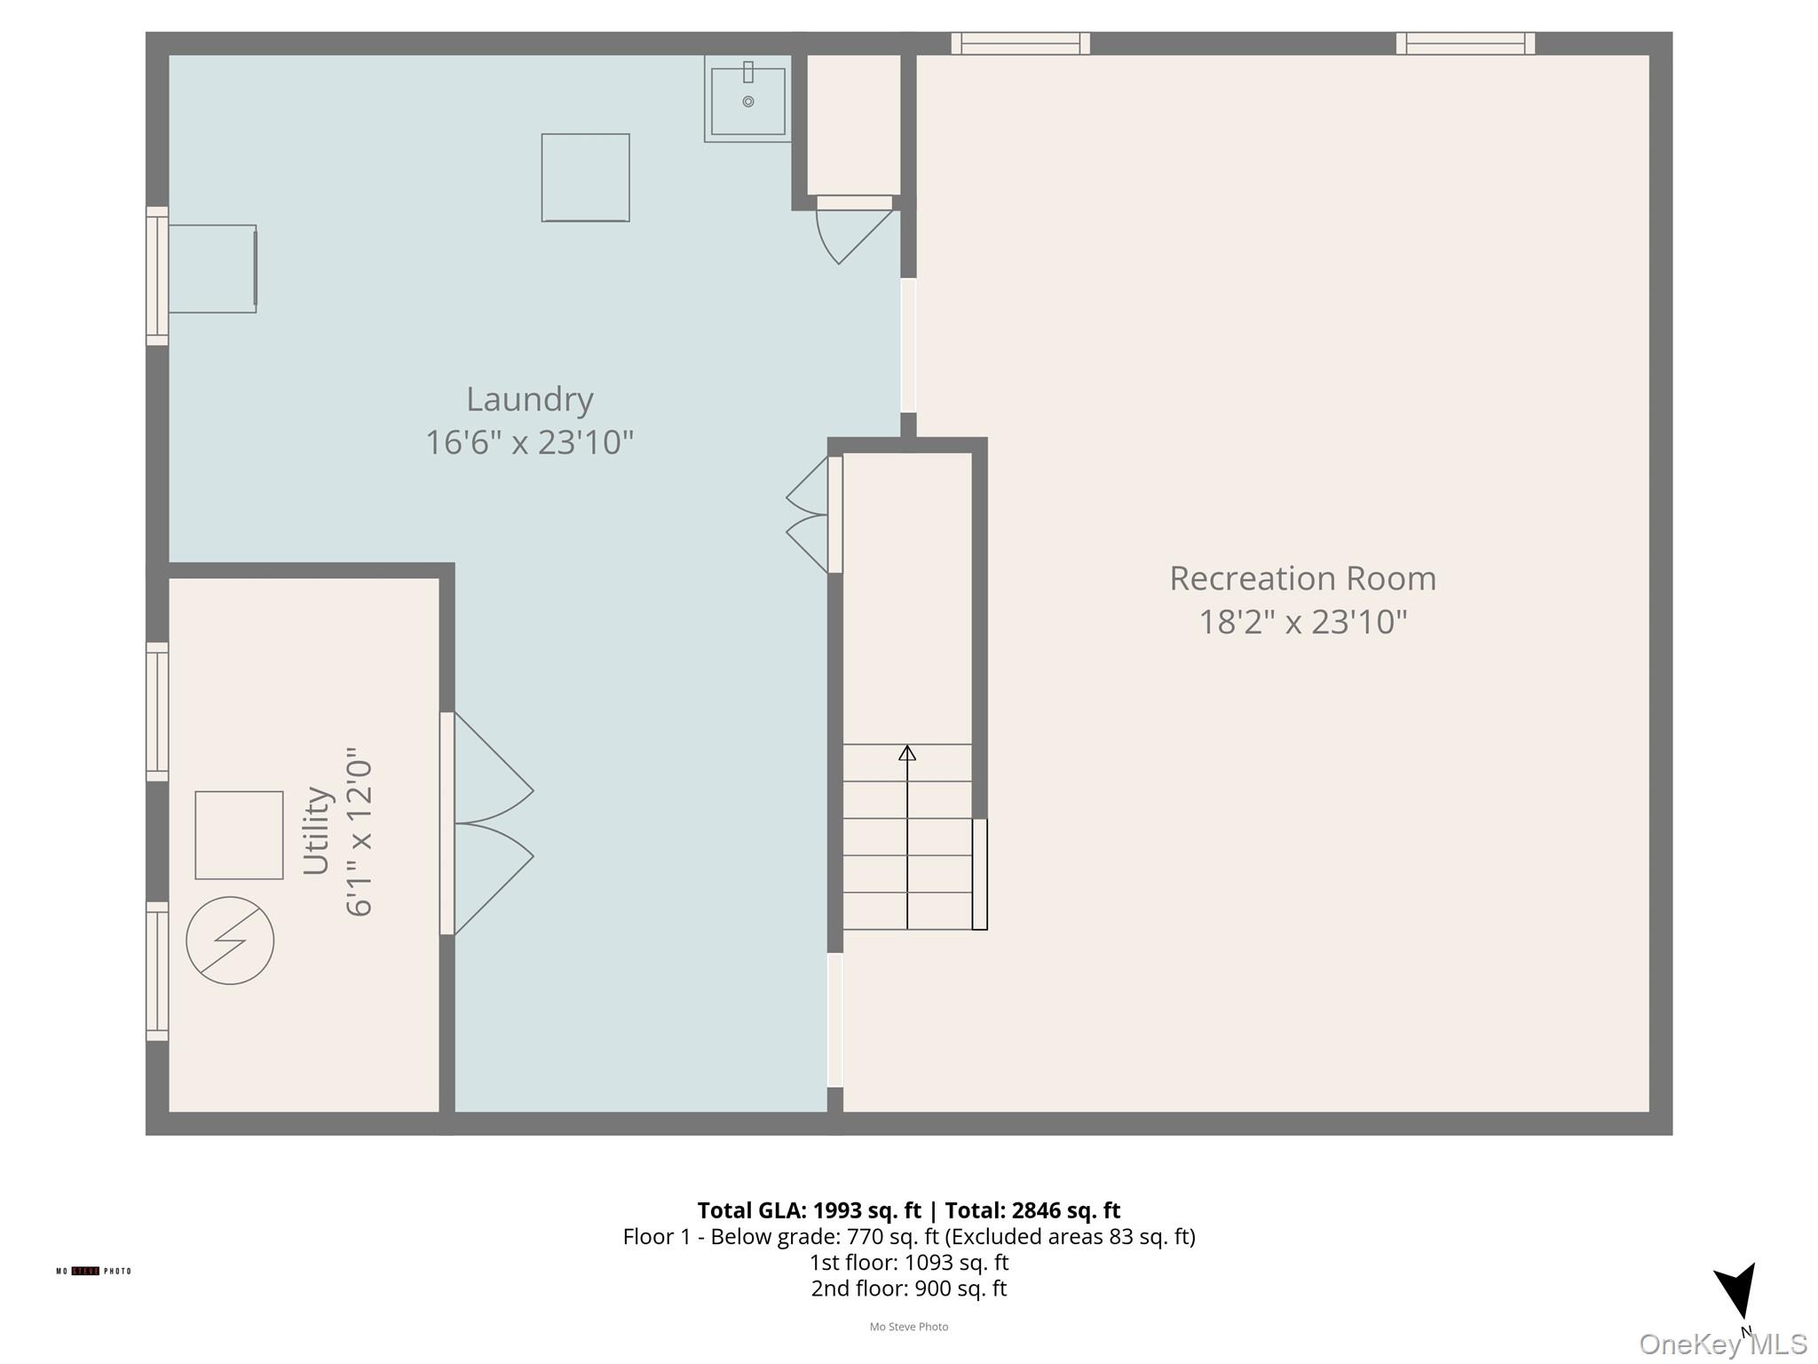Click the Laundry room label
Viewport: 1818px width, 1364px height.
pyautogui.click(x=529, y=400)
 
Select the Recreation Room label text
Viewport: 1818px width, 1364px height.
pyautogui.click(x=1301, y=579)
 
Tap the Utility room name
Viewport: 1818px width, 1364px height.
pyautogui.click(x=317, y=830)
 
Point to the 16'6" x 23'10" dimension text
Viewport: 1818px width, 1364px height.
pyautogui.click(x=529, y=442)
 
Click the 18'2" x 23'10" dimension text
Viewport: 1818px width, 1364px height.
pyautogui.click(x=1302, y=623)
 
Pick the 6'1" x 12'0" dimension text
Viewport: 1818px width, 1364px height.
pyautogui.click(x=359, y=832)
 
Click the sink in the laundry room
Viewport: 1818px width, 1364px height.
pyautogui.click(x=747, y=99)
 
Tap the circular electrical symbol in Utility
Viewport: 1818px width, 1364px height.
pyautogui.click(x=230, y=940)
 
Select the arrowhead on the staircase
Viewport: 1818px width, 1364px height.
pyautogui.click(x=906, y=753)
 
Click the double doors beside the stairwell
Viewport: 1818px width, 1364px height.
pyautogui.click(x=808, y=515)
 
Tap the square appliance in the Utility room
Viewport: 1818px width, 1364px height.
pyautogui.click(x=239, y=835)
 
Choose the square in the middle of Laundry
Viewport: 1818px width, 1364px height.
pyautogui.click(x=585, y=178)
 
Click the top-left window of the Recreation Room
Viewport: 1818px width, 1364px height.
pyautogui.click(x=1020, y=44)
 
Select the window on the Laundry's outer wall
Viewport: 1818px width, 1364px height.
pyautogui.click(x=157, y=275)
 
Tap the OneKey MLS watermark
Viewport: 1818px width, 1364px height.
pyautogui.click(x=1722, y=1344)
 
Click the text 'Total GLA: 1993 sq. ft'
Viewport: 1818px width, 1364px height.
pyautogui.click(x=809, y=1210)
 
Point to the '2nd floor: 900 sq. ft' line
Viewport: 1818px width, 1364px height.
pyautogui.click(x=908, y=1289)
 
